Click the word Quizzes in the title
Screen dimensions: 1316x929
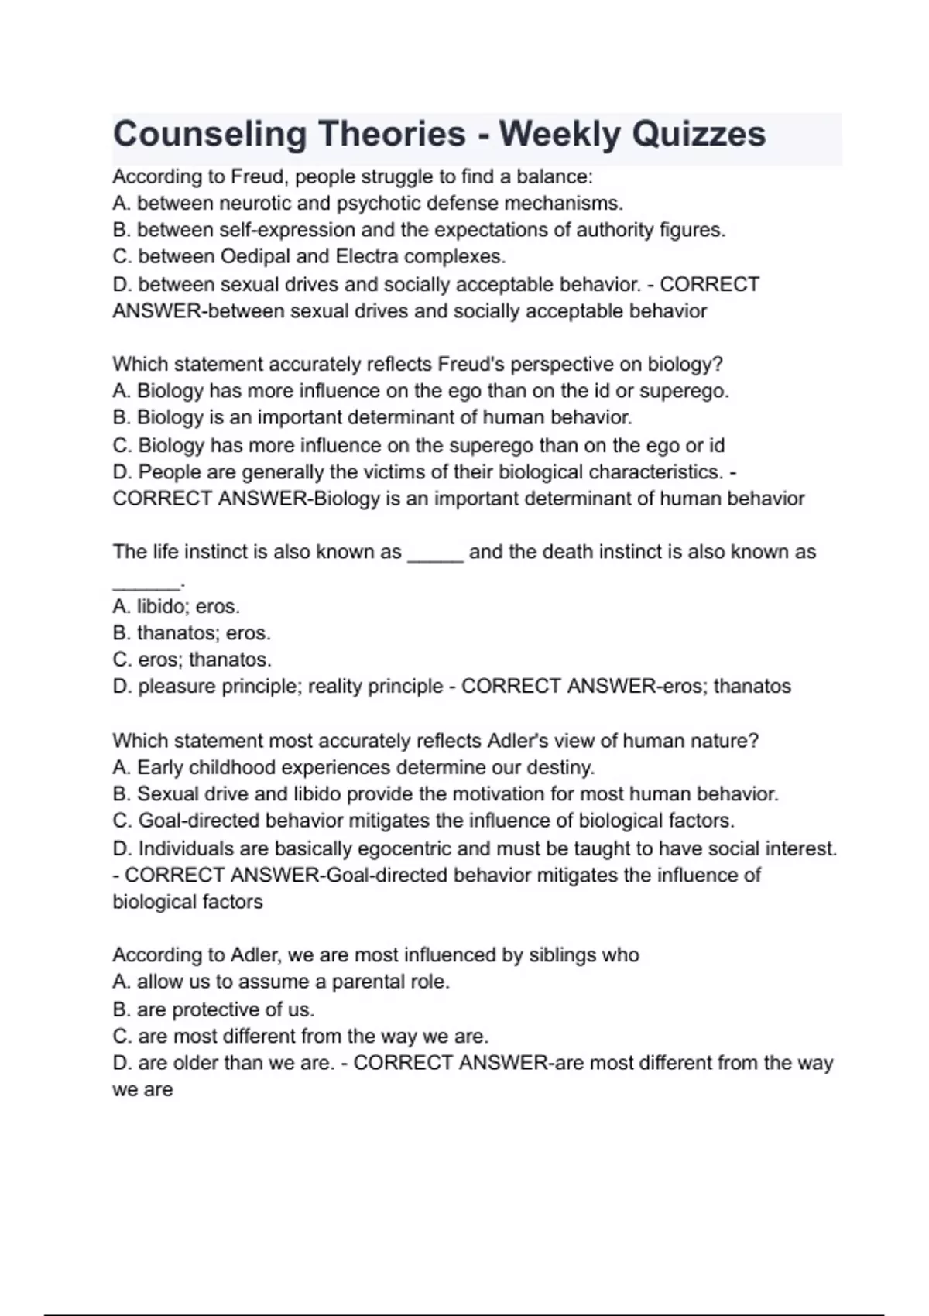699,134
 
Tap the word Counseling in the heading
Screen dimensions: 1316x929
210,134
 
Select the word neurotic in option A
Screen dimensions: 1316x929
255,204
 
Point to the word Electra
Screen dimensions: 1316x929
366,256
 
